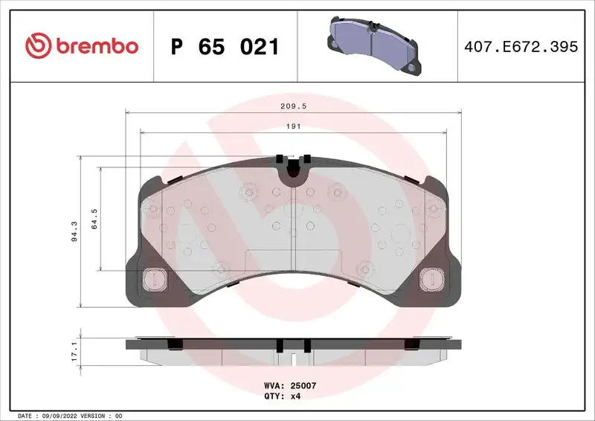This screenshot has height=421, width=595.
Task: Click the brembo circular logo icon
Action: click(37, 46)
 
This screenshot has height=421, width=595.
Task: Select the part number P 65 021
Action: click(225, 47)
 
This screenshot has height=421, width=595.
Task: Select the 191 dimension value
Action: click(294, 127)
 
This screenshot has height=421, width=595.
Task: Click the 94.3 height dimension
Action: click(73, 231)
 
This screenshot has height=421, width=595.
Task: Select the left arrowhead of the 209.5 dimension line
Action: click(127, 112)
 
